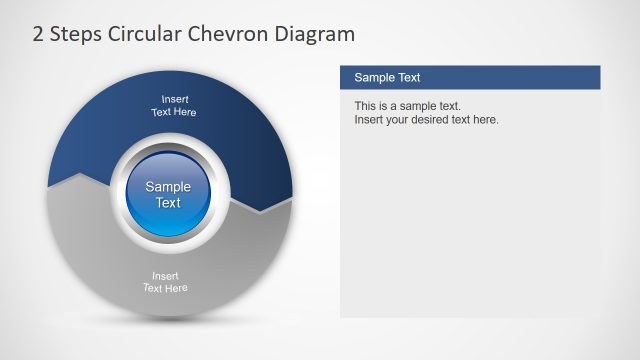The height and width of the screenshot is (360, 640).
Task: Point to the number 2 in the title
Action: pyautogui.click(x=38, y=34)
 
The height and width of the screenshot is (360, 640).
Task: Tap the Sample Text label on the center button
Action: pyautogui.click(x=168, y=194)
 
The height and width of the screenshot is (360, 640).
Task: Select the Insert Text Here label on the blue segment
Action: pyautogui.click(x=173, y=106)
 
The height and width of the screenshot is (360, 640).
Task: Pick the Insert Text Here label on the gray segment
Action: pyautogui.click(x=165, y=282)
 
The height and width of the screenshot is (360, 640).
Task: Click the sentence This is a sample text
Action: pyautogui.click(x=407, y=106)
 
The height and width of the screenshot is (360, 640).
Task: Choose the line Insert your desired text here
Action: pyautogui.click(x=426, y=120)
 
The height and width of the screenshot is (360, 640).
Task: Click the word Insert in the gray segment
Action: pyautogui.click(x=165, y=276)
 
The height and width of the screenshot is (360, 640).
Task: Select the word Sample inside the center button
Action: pyautogui.click(x=168, y=186)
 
